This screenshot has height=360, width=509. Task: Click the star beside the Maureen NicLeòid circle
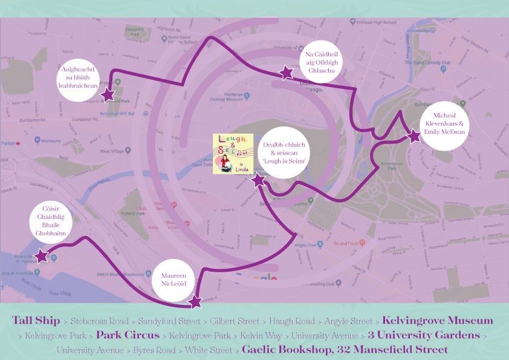tap(195, 301)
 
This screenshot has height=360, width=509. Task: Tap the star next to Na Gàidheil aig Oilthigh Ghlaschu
tap(286, 73)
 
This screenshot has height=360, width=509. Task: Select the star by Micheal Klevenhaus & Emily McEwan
tap(414, 136)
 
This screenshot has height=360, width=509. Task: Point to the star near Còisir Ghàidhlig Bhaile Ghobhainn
tap(41, 256)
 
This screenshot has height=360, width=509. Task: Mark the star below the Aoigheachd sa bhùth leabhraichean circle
tap(108, 95)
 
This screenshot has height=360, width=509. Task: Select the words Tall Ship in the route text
tap(36, 321)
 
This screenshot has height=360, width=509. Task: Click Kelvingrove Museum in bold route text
tap(438, 321)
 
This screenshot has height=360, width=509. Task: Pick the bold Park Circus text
tap(128, 335)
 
